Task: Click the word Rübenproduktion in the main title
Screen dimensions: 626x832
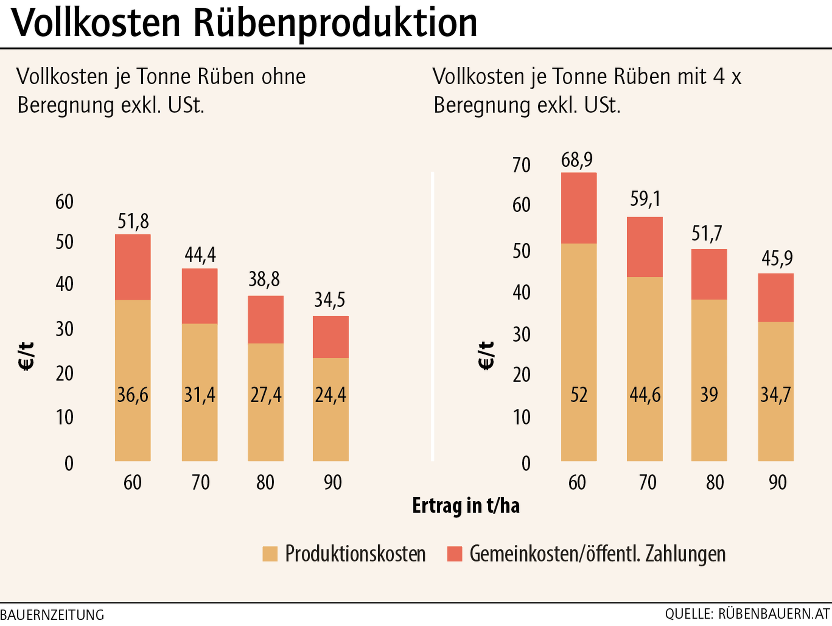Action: (335, 23)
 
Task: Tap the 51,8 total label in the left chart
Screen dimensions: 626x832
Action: (133, 221)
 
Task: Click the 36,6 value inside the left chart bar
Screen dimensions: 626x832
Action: (133, 395)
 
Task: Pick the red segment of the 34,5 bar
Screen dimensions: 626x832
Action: (331, 337)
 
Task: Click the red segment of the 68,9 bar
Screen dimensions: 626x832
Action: (578, 208)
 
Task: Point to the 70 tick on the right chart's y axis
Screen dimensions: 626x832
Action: (521, 166)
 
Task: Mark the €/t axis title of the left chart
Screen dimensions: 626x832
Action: (26, 356)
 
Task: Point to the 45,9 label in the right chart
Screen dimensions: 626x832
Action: (777, 259)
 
